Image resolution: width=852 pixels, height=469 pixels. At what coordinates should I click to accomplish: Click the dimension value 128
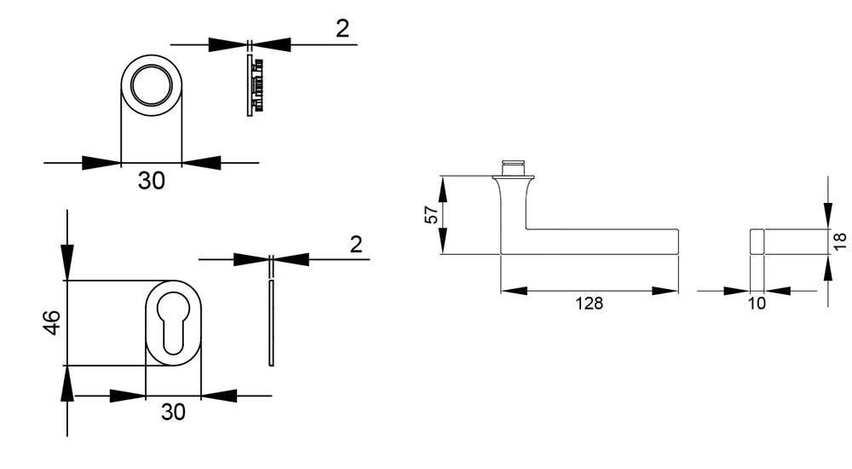pyautogui.click(x=589, y=303)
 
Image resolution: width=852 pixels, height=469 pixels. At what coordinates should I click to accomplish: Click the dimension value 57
pyautogui.click(x=431, y=215)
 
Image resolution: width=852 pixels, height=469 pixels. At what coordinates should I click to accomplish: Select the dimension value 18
pyautogui.click(x=839, y=241)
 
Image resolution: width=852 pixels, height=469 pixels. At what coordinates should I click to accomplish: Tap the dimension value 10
pyautogui.click(x=757, y=303)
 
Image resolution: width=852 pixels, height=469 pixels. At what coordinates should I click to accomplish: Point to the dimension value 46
pyautogui.click(x=52, y=322)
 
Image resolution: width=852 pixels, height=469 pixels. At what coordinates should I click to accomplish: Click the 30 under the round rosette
pyautogui.click(x=151, y=181)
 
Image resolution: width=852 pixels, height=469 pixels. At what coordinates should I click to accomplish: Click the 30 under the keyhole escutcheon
pyautogui.click(x=173, y=412)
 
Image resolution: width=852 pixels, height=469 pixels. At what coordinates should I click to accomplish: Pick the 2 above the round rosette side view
pyautogui.click(x=343, y=29)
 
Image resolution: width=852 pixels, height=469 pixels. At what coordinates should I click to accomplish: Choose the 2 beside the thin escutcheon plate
pyautogui.click(x=356, y=245)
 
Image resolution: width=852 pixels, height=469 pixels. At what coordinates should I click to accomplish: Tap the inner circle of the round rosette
pyautogui.click(x=151, y=85)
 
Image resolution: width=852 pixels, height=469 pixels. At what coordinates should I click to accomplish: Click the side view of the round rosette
pyautogui.click(x=255, y=85)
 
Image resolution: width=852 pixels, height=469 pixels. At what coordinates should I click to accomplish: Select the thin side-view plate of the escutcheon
pyautogui.click(x=271, y=323)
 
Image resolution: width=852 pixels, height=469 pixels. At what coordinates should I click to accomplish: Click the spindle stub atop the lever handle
pyautogui.click(x=514, y=168)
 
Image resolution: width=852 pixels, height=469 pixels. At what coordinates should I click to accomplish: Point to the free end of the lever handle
pyautogui.click(x=677, y=241)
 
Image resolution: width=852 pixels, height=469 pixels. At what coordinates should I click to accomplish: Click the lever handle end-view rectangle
pyautogui.click(x=757, y=241)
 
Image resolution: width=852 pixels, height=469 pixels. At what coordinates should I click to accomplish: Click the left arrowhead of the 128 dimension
pyautogui.click(x=514, y=291)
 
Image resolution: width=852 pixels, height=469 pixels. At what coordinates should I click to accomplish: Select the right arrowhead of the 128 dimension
pyautogui.click(x=665, y=291)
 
